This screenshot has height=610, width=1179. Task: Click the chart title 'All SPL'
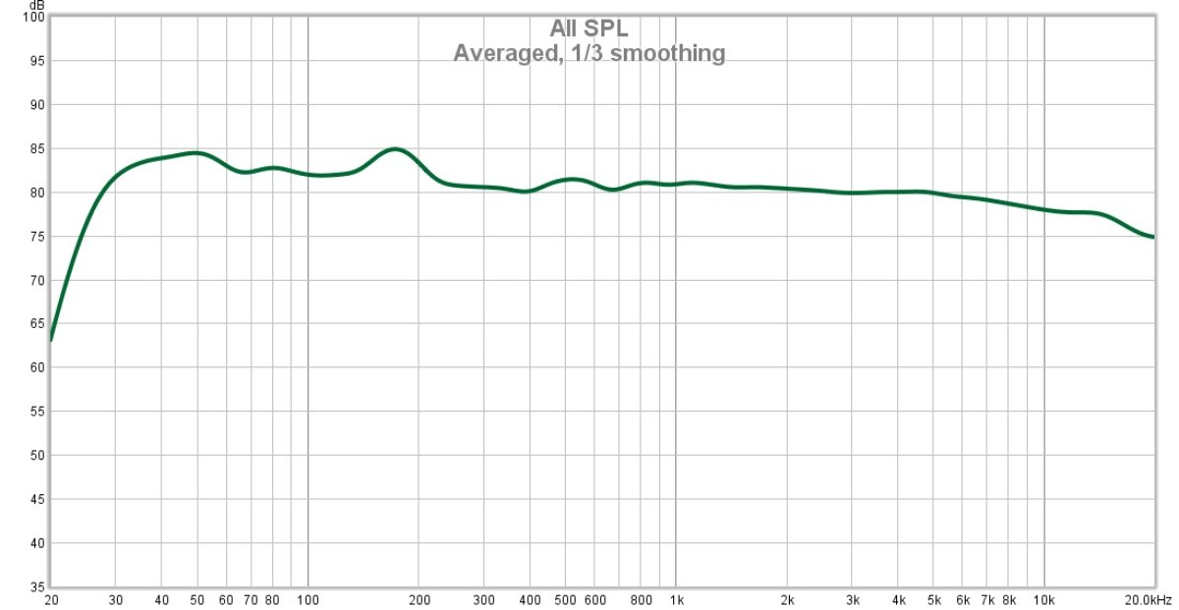[x=589, y=28]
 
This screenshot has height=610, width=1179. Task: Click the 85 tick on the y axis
[x=35, y=148]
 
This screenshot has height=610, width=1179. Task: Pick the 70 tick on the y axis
[x=35, y=280]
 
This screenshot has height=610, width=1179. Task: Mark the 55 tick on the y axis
[x=35, y=412]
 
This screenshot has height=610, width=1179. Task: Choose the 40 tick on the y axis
[x=35, y=543]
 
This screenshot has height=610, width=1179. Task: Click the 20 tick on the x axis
[x=51, y=599]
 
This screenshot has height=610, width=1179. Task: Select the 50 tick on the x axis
[x=197, y=599]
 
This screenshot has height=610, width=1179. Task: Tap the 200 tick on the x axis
[x=420, y=599]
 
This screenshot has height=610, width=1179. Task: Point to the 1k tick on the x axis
[x=676, y=599]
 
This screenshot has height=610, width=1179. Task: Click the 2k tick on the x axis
[x=787, y=599]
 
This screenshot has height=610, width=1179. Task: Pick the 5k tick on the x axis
[x=933, y=599]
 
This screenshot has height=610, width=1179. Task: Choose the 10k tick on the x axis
[x=1043, y=599]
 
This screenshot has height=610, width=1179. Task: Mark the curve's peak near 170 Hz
[x=394, y=149]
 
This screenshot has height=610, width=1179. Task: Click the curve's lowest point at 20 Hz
[x=52, y=339]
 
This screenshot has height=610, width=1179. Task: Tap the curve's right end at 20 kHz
[x=1152, y=237]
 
